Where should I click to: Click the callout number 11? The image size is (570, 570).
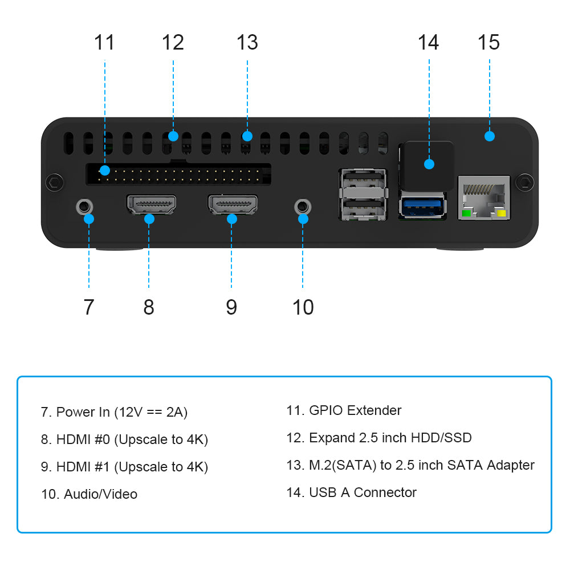(104, 42)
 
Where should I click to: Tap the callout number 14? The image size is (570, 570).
(428, 42)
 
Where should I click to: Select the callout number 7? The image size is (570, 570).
(88, 307)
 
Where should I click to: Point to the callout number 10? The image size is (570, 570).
(303, 307)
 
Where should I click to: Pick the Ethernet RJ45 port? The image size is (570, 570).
(484, 197)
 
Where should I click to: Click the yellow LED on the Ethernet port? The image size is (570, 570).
(502, 214)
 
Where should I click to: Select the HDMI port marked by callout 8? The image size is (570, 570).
(150, 205)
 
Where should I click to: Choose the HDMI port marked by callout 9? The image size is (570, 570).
(233, 205)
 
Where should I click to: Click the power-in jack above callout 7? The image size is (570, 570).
(84, 205)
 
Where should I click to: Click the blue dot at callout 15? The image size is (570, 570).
(489, 136)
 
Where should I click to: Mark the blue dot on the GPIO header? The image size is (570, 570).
(104, 170)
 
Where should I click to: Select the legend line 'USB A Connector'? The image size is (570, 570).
(351, 492)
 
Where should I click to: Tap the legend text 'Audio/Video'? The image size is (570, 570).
(100, 494)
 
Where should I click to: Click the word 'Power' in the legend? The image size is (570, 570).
(75, 412)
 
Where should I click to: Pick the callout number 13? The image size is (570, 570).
(247, 42)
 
